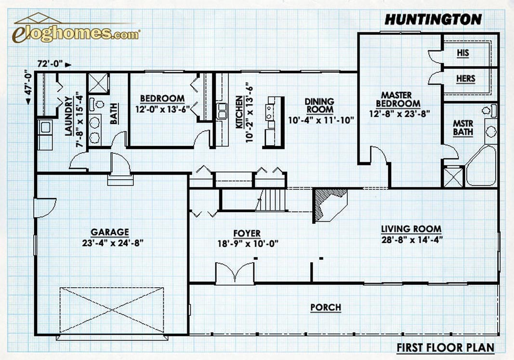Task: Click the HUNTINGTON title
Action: pyautogui.click(x=433, y=20)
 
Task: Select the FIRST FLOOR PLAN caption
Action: pyautogui.click(x=446, y=347)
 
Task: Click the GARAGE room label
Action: pyautogui.click(x=110, y=232)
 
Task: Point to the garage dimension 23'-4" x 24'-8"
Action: pyautogui.click(x=113, y=243)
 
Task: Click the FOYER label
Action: pyautogui.click(x=247, y=233)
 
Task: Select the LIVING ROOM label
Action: pyautogui.click(x=411, y=229)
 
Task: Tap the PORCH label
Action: pyautogui.click(x=326, y=307)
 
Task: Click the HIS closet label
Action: pyautogui.click(x=463, y=53)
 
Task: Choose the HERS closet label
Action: pyautogui.click(x=465, y=79)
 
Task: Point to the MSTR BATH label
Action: pyautogui.click(x=463, y=128)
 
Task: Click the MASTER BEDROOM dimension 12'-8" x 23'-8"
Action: pyautogui.click(x=399, y=114)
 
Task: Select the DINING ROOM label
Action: pyautogui.click(x=319, y=106)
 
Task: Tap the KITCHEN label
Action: pyautogui.click(x=239, y=112)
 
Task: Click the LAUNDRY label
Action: pyautogui.click(x=68, y=116)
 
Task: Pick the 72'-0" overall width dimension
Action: pyautogui.click(x=51, y=64)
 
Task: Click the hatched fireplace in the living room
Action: pyautogui.click(x=330, y=205)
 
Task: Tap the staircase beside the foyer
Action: pyautogui.click(x=271, y=200)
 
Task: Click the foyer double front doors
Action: pyautogui.click(x=235, y=272)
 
